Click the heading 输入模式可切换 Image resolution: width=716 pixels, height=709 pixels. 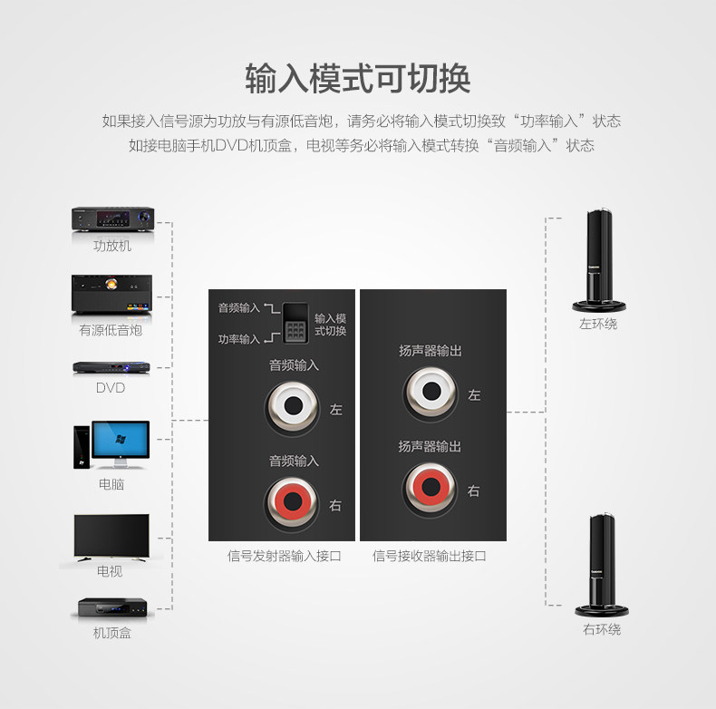358,78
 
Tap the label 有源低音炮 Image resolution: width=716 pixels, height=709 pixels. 111,331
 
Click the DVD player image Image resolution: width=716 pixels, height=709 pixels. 111,368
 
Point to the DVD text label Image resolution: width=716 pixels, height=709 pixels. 111,388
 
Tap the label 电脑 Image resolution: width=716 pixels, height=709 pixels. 111,484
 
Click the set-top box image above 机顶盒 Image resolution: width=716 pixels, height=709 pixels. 111,608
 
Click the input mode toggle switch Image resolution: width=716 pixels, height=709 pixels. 295,322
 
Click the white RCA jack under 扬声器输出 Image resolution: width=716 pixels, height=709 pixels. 430,393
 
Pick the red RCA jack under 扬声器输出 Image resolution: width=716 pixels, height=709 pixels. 430,489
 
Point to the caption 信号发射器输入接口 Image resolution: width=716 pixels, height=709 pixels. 284,556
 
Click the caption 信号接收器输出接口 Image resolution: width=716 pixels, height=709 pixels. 430,556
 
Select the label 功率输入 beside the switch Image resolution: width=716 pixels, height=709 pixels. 238,339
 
